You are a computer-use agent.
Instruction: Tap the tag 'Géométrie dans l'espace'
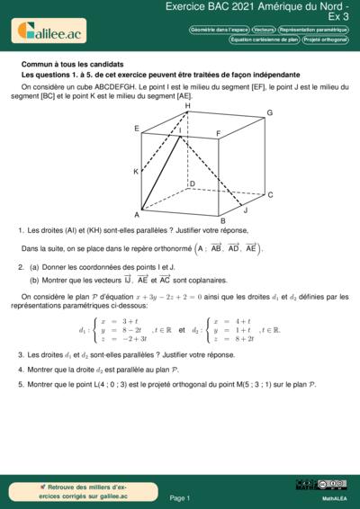coord(220,30)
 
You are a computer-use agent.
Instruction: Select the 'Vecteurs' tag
coord(265,30)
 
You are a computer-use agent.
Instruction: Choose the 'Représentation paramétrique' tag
coord(312,30)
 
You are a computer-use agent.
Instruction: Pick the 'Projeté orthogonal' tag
coord(325,40)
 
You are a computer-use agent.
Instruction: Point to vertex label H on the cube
coord(188,106)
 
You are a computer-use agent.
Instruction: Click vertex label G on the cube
coord(269,113)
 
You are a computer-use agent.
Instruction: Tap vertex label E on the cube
coord(137,129)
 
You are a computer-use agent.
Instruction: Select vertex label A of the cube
coord(137,214)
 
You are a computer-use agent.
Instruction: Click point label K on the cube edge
coord(136,171)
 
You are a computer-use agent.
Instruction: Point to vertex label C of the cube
coord(270,194)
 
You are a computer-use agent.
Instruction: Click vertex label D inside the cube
coord(192,183)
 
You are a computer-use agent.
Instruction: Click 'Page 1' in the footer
coord(180,497)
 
